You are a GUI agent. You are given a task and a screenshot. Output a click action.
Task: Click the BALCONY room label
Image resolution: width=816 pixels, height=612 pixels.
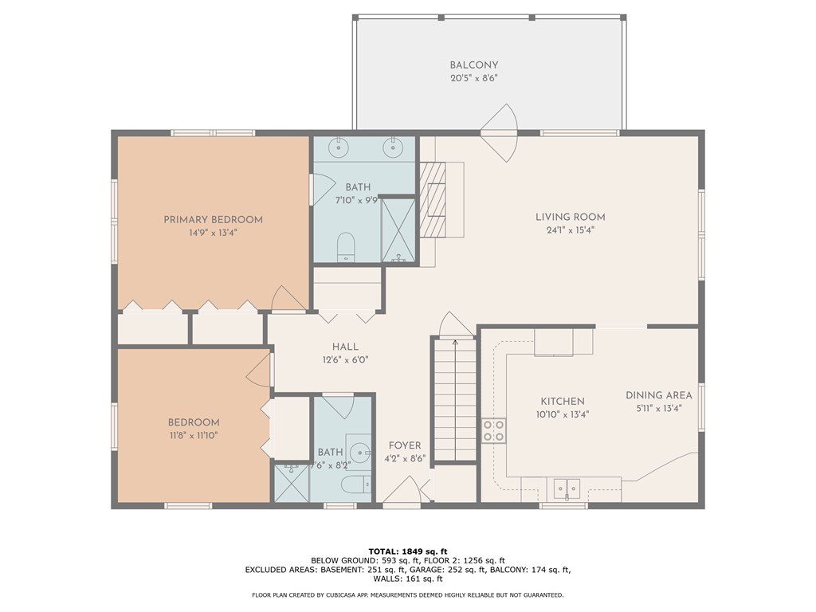pos(473,65)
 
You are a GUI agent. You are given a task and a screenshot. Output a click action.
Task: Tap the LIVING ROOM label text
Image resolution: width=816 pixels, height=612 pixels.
pos(570,217)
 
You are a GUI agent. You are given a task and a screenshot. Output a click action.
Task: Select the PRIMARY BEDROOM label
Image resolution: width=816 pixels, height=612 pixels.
pos(213,220)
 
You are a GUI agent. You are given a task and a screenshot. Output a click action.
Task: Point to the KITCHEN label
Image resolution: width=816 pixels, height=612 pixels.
pos(563,402)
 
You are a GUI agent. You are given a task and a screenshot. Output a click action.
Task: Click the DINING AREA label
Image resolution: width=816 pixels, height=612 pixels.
pos(658,395)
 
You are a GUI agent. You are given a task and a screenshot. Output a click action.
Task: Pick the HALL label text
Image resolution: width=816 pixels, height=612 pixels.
pos(345,347)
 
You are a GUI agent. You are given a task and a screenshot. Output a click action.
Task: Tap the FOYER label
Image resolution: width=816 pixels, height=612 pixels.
pos(405,445)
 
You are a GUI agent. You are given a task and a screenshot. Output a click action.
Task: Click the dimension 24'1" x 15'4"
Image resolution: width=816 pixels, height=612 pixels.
pos(570,230)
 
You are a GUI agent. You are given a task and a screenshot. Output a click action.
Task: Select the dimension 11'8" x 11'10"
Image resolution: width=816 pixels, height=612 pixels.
pos(193,436)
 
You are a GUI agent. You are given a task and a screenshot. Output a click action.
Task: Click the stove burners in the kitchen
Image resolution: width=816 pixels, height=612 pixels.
pos(493,430)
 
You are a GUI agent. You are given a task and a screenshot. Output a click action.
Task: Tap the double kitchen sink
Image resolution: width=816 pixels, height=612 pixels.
pos(567,486)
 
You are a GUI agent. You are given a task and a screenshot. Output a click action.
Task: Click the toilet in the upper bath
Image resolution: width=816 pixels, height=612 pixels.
pos(346,246)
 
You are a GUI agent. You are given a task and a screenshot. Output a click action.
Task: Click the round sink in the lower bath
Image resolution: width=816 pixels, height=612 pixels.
pos(363,453)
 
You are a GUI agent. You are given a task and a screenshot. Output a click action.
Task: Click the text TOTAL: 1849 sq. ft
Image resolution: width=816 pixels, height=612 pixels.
pos(408,551)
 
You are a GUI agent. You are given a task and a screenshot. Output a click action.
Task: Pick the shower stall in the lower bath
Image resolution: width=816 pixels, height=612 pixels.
pos(292,483)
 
